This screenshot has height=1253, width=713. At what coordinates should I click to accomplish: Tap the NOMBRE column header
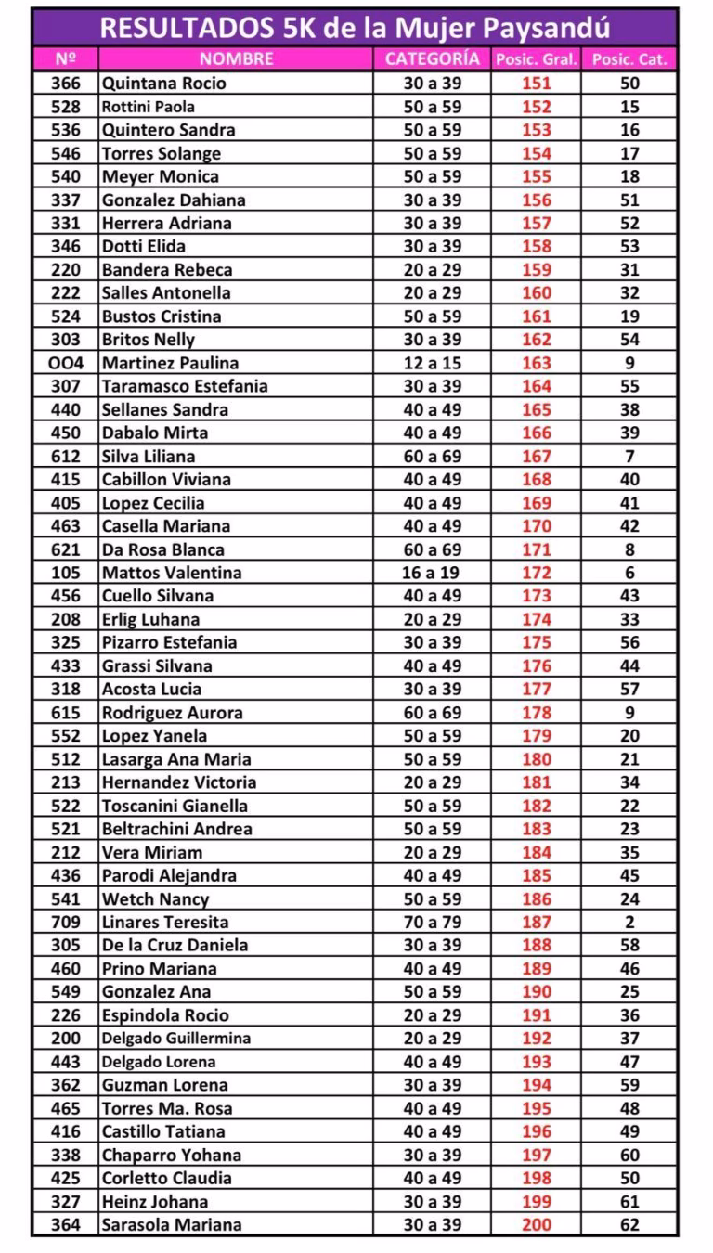coord(237,59)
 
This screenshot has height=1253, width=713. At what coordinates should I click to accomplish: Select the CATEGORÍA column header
coord(432,59)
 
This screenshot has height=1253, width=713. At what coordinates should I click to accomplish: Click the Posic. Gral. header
coord(537,59)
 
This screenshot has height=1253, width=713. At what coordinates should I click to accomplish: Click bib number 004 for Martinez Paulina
coord(66,363)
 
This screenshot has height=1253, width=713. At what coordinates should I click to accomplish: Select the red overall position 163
coord(537,363)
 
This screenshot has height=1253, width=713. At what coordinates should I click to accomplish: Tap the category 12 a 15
coord(432,363)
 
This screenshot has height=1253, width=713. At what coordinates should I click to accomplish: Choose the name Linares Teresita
coord(165,922)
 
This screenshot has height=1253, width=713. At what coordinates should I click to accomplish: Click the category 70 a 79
coord(432,922)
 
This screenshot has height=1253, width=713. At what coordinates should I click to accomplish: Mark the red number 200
coord(537,1224)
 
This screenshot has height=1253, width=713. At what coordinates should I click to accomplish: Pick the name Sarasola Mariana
coord(172,1224)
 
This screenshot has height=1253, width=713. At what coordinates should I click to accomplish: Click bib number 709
coord(66,922)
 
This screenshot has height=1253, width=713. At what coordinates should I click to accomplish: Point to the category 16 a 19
coord(432,573)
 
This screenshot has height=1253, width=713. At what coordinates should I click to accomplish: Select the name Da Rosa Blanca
coord(163,549)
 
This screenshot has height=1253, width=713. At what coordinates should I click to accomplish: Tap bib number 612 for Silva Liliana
coord(66,456)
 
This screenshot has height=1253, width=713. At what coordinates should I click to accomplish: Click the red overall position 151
coord(537,84)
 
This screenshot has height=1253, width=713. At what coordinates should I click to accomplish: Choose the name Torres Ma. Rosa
coord(167,1108)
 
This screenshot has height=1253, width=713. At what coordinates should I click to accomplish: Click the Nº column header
coord(66,59)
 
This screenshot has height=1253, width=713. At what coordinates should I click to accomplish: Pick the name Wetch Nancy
coord(155,898)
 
